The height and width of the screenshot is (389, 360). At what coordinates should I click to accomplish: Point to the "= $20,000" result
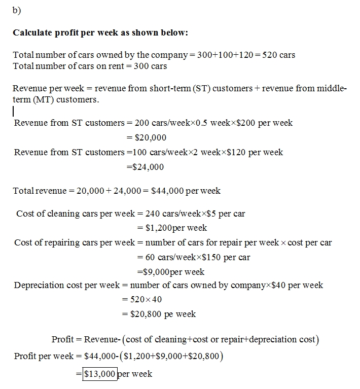pos(146,137)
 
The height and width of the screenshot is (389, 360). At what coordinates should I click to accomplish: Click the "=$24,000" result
pos(145,167)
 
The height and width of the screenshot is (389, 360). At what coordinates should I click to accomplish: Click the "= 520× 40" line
pos(142,299)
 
